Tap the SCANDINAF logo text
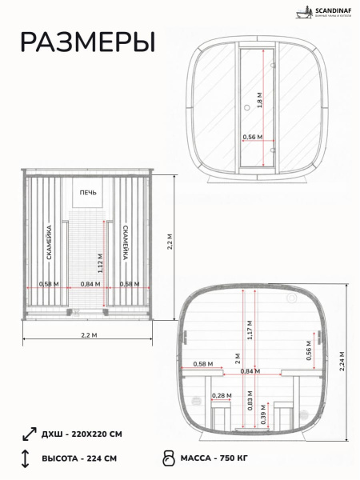pyautogui.click(x=324, y=11)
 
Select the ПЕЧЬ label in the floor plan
pyautogui.click(x=86, y=192)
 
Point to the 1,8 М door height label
pyautogui.click(x=259, y=101)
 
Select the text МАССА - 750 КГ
pyautogui.click(x=221, y=459)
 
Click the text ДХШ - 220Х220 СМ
pyautogui.click(x=82, y=434)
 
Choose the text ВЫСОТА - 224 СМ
pyautogui.click(x=79, y=459)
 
